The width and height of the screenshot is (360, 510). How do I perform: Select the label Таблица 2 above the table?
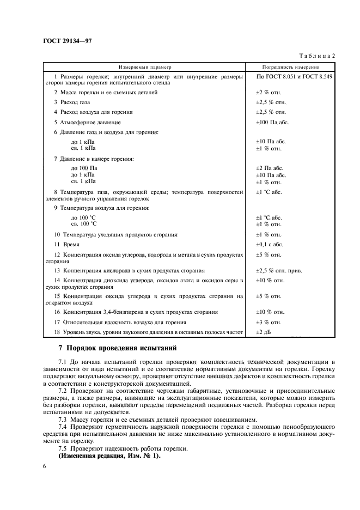(x=317, y=56)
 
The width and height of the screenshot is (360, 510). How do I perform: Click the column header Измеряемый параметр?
(x=145, y=66)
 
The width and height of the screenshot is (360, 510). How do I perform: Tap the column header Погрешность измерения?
(x=291, y=66)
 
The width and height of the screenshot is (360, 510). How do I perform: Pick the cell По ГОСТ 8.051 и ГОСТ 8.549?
(x=294, y=77)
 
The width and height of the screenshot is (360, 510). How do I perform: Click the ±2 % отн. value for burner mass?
(x=269, y=93)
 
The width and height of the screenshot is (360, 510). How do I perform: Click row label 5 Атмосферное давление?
(x=87, y=122)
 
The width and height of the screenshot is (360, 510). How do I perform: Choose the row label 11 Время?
(x=66, y=245)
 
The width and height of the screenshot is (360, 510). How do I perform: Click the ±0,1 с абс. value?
(x=270, y=245)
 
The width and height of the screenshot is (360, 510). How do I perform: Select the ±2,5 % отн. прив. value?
(x=279, y=270)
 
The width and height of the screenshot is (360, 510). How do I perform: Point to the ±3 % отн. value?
(x=269, y=322)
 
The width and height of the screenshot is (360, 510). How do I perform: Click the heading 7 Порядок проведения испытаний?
(x=117, y=348)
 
